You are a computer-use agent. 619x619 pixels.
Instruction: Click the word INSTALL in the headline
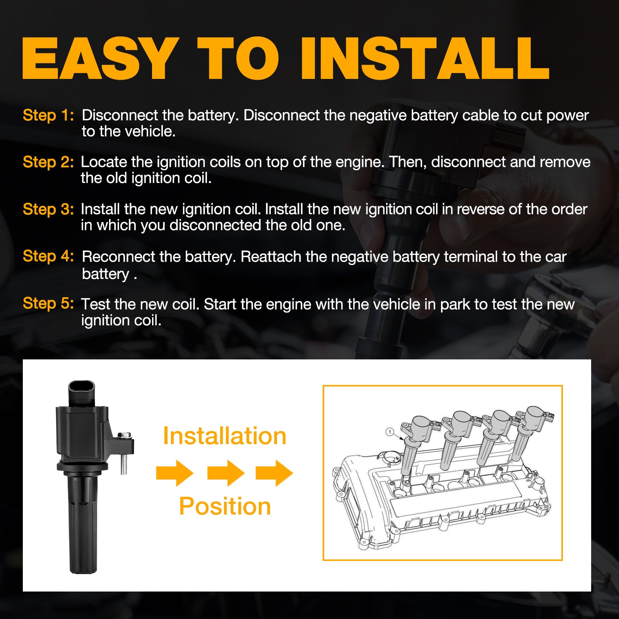[425, 58]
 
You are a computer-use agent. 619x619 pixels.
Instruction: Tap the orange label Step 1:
[48, 115]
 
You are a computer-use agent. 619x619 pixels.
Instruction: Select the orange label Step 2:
[48, 162]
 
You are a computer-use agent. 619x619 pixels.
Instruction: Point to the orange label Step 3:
[48, 209]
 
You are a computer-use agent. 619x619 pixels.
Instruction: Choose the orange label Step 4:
[48, 256]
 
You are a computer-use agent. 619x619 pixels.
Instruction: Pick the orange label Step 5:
[48, 303]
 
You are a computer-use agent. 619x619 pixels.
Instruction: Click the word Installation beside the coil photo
[224, 436]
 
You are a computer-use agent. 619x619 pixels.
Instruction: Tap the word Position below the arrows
[225, 506]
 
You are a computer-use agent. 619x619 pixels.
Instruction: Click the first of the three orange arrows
[175, 473]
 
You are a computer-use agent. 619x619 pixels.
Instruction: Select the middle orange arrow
[226, 473]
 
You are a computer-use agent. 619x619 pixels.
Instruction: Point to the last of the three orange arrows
[274, 473]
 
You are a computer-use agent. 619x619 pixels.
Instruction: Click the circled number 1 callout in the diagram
[390, 431]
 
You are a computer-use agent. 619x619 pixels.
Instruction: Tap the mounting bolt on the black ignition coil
[123, 453]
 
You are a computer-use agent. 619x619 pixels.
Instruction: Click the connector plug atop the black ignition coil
[81, 393]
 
